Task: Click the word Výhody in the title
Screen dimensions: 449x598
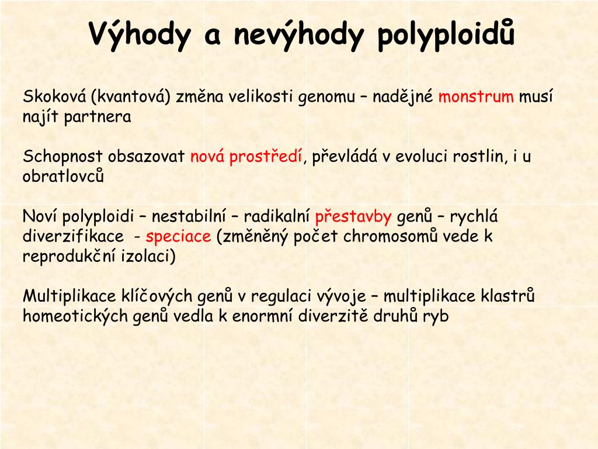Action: pyautogui.click(x=140, y=34)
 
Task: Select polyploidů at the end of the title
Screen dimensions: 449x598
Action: pyautogui.click(x=446, y=34)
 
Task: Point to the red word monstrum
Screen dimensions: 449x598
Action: pyautogui.click(x=476, y=96)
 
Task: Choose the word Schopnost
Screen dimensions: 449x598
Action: pyautogui.click(x=63, y=157)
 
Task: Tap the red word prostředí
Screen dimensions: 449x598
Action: pyautogui.click(x=266, y=157)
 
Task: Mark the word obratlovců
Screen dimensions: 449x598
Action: pyautogui.click(x=63, y=177)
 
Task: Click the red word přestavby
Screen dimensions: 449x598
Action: pyautogui.click(x=353, y=217)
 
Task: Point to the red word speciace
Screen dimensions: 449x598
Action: pyautogui.click(x=178, y=237)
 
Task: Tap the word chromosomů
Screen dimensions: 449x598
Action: pyautogui.click(x=392, y=237)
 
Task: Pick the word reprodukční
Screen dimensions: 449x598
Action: pyautogui.click(x=65, y=257)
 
